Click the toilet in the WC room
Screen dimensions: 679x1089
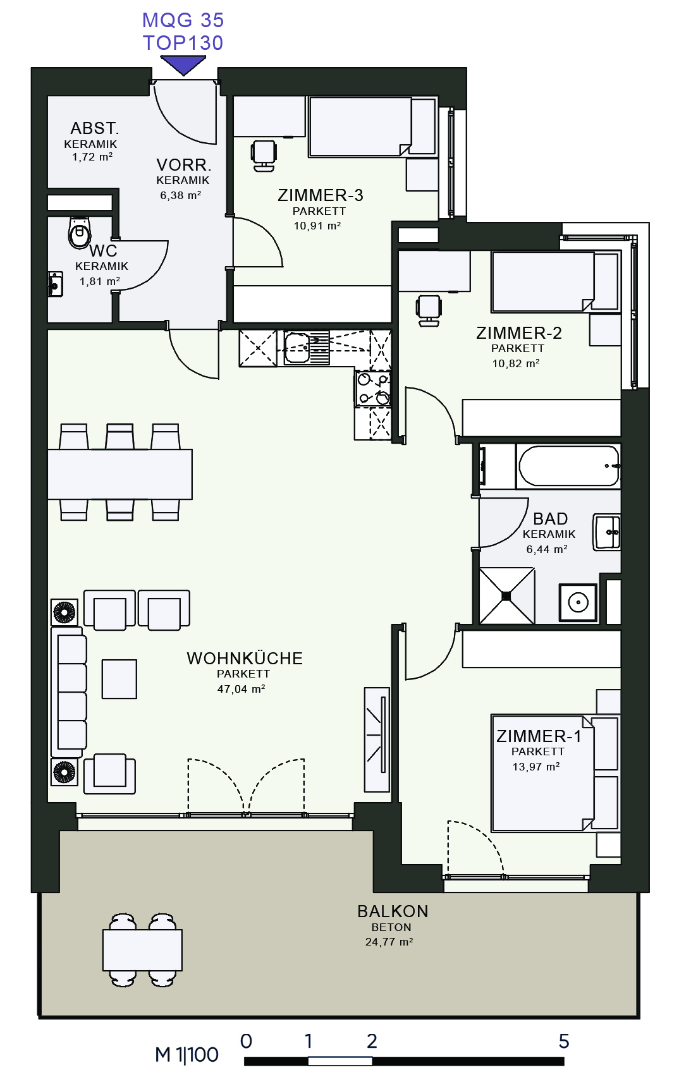[x=79, y=232]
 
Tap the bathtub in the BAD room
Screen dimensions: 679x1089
[x=568, y=466]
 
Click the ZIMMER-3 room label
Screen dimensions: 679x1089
[x=321, y=195]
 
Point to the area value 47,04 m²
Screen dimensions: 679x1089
[x=241, y=689]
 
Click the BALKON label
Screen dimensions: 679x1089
[x=393, y=911]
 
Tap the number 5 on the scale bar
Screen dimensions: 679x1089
[x=564, y=1041]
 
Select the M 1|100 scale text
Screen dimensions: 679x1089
[x=187, y=1054]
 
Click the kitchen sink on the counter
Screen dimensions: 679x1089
[x=307, y=348]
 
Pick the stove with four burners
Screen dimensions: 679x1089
[x=373, y=388]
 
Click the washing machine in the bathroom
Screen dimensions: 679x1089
[x=578, y=602]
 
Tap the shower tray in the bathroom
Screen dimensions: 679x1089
[x=507, y=596]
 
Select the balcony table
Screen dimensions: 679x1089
[x=143, y=950]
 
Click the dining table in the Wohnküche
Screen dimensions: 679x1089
[x=120, y=474]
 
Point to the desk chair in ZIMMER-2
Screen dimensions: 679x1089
[x=429, y=310]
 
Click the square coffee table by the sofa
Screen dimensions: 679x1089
[x=119, y=679]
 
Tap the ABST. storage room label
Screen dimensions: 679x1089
[x=94, y=128]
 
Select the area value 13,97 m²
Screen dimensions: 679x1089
[x=536, y=767]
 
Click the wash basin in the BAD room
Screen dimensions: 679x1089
[x=606, y=532]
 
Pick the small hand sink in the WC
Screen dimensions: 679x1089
[x=56, y=284]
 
